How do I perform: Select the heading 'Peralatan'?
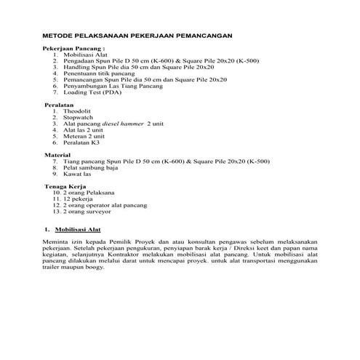coord(60,105)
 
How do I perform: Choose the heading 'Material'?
coord(58,156)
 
